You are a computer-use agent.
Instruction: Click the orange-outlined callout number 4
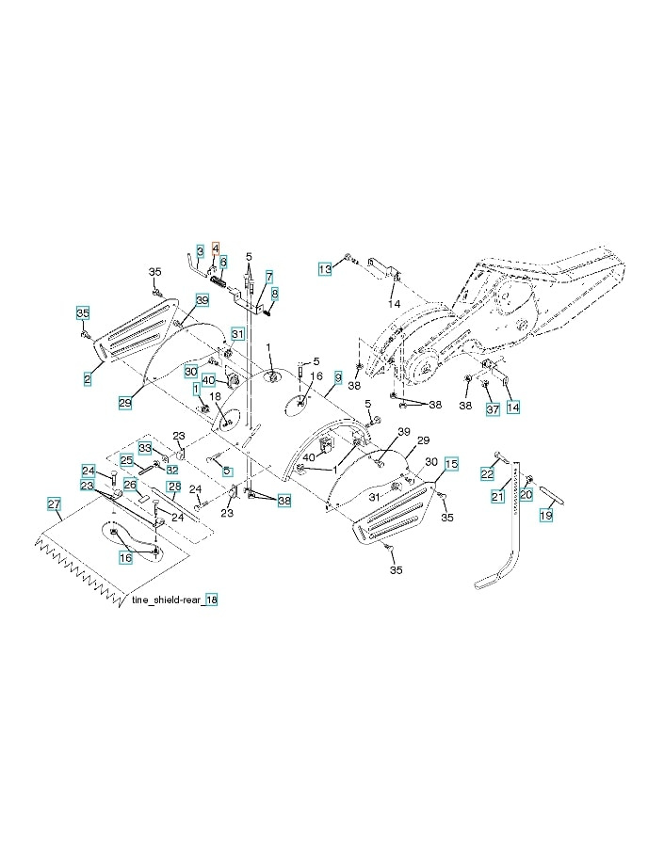[215, 248]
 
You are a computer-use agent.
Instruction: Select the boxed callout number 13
[324, 269]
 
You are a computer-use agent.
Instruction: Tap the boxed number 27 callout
[55, 504]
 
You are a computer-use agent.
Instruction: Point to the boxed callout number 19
[545, 515]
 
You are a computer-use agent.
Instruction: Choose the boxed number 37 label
[492, 408]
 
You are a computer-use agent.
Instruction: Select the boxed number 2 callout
[87, 378]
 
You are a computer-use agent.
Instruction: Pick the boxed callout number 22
[488, 473]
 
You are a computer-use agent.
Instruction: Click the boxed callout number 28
[173, 487]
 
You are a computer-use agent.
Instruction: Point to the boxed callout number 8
[275, 294]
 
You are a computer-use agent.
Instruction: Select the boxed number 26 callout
[131, 485]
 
